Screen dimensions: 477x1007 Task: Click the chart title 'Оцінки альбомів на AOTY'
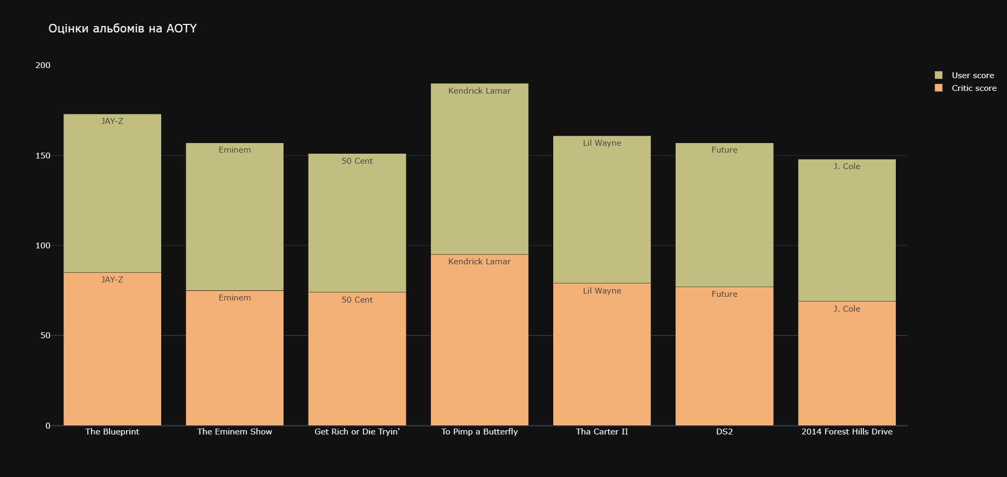122,29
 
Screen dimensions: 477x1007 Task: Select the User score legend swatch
938,76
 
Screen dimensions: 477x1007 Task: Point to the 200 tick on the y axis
43,65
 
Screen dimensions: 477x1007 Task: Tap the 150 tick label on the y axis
43,156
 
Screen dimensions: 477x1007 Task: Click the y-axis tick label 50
45,336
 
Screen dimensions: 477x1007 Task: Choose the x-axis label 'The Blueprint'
112,432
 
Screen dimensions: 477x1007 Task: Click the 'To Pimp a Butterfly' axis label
479,432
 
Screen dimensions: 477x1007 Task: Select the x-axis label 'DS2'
724,432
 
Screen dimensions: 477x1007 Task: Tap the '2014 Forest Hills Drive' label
847,432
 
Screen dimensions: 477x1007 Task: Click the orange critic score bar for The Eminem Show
235,362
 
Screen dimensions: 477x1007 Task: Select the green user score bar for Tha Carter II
602,213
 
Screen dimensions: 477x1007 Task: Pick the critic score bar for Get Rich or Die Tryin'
357,362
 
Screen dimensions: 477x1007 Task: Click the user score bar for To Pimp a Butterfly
479,170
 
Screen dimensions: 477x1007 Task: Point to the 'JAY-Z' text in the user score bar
112,121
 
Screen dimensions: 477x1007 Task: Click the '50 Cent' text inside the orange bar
357,300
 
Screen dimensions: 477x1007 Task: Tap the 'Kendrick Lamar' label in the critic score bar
479,262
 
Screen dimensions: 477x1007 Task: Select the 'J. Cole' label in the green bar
847,166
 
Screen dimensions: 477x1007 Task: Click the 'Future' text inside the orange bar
724,294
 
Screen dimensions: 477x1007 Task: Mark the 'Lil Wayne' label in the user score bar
602,143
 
